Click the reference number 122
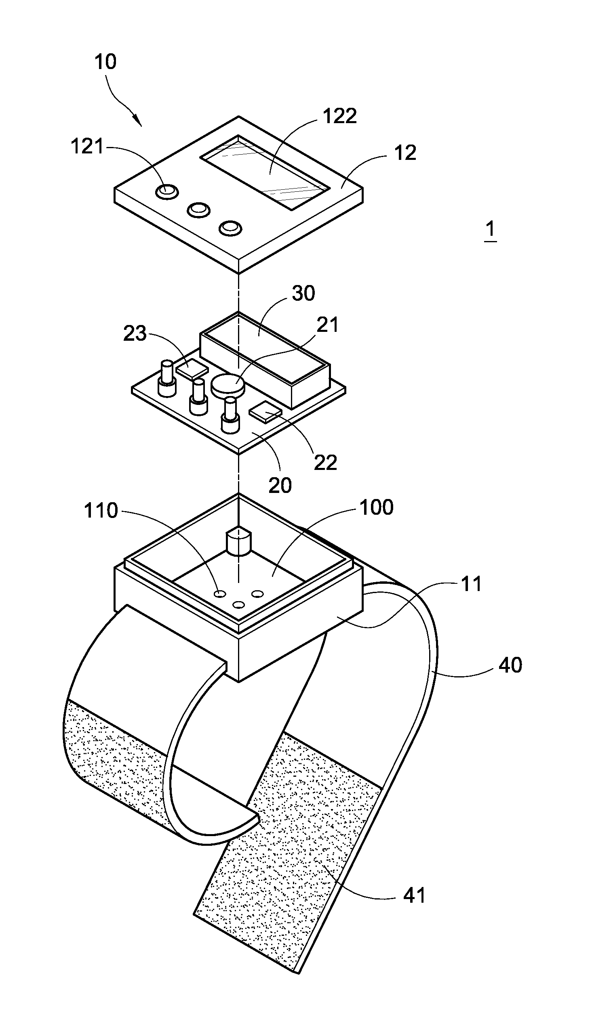point(340,116)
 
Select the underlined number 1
point(491,229)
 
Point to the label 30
point(303,293)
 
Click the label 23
point(135,333)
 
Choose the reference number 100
point(377,507)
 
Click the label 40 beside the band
point(510,665)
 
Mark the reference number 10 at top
point(105,62)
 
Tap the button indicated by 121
point(166,191)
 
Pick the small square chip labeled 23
point(192,369)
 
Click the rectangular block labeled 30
point(265,360)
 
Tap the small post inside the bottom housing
point(239,541)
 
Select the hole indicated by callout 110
point(220,594)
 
